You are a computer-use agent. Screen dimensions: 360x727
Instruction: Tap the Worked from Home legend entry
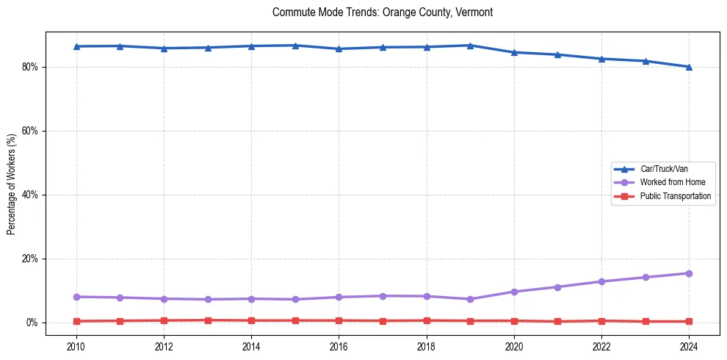[x=668, y=182]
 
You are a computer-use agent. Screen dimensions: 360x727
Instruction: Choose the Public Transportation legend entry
[x=675, y=196]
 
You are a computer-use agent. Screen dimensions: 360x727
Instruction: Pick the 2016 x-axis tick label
[x=339, y=346]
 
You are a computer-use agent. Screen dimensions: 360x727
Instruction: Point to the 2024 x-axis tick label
[x=689, y=346]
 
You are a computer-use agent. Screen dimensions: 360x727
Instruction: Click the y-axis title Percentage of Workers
[x=12, y=184]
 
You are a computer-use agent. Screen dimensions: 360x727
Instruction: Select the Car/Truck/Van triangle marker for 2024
[x=689, y=67]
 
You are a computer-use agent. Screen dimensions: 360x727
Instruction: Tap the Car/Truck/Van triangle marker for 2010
[x=76, y=46]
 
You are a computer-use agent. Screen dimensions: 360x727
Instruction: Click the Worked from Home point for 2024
[x=689, y=273]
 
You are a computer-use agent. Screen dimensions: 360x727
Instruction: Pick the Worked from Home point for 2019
[x=470, y=299]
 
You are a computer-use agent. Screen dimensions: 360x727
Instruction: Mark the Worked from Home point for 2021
[x=557, y=287]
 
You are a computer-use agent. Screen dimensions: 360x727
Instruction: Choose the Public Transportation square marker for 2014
[x=251, y=320]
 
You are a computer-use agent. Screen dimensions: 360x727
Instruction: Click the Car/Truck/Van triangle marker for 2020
[x=514, y=52]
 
